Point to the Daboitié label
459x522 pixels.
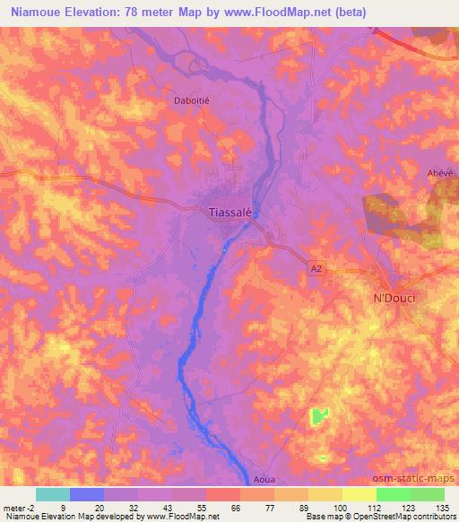[x=191, y=101]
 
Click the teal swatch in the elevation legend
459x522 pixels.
[x=53, y=494]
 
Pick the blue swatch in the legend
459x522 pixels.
[x=87, y=494]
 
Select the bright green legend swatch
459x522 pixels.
[x=393, y=494]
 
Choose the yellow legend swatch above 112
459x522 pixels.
[x=359, y=494]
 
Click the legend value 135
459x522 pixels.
[x=441, y=508]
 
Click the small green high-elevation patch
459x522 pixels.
[x=320, y=416]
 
